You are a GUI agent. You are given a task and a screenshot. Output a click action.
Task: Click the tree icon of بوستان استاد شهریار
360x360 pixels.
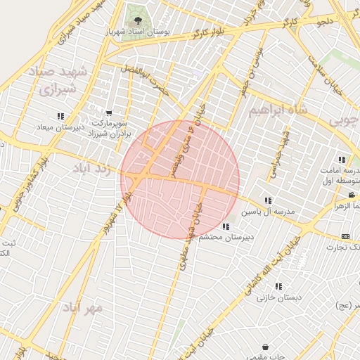(137, 20)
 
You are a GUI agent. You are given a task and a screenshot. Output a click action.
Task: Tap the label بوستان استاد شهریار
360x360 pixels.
(137, 32)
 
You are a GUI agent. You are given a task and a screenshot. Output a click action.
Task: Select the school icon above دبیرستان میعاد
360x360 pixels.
(60, 116)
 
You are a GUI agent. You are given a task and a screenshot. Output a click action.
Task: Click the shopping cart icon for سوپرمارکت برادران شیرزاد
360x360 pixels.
(108, 112)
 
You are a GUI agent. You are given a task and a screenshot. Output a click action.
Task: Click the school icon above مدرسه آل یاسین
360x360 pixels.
(267, 200)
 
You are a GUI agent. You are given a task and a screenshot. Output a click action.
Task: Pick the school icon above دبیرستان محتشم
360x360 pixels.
(225, 226)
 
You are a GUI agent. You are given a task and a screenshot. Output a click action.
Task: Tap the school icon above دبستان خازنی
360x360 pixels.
(278, 286)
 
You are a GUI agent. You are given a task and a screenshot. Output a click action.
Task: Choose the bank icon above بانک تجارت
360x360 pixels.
(345, 236)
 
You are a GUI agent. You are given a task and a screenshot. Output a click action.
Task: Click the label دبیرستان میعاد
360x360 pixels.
(60, 127)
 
